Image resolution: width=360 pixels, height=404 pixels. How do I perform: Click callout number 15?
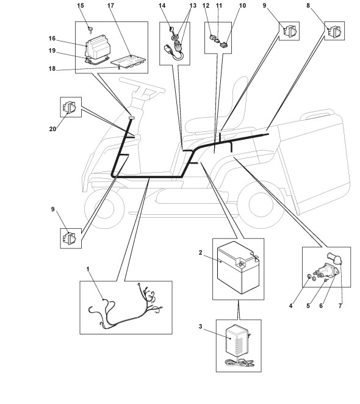[x=81, y=5]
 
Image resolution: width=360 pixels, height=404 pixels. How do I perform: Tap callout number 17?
[x=110, y=5]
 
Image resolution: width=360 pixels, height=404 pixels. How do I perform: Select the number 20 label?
[x=52, y=129]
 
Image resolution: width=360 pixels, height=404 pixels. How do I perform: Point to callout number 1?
[x=88, y=269]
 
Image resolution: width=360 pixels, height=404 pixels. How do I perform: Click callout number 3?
[x=200, y=326]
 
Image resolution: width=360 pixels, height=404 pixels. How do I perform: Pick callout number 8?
[x=308, y=5]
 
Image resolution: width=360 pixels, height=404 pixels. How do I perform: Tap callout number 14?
[x=162, y=5]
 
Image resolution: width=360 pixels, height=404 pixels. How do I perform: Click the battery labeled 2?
[x=238, y=267]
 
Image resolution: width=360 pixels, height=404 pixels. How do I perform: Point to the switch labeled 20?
[x=70, y=107]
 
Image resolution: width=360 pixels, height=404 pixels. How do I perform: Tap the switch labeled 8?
[x=336, y=31]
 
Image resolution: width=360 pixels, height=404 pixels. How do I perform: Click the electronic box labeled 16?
[x=98, y=47]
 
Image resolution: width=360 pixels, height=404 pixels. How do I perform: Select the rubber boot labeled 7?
[x=334, y=258]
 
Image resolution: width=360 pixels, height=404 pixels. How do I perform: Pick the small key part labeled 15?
[x=90, y=29]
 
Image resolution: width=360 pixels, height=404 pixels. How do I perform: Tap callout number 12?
[x=206, y=5]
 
